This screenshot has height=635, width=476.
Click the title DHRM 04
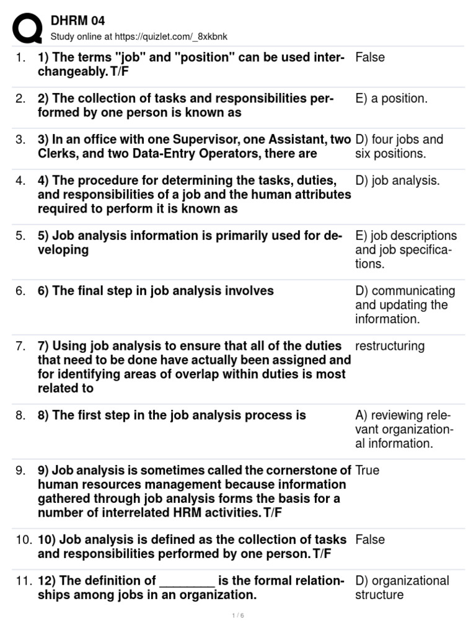pos(77,22)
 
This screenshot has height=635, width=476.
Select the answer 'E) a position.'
pos(391,99)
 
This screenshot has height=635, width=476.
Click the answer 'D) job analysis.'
pos(397,181)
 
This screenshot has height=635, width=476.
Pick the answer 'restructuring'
pos(390,346)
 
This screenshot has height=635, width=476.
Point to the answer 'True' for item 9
pos(368,471)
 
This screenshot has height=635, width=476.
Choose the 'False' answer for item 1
pos(370,58)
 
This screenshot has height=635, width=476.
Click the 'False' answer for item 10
pos(370,540)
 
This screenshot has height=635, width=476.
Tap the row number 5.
pos(21,236)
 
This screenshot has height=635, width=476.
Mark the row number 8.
pos(21,415)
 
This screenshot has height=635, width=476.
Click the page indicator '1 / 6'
pos(238,616)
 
